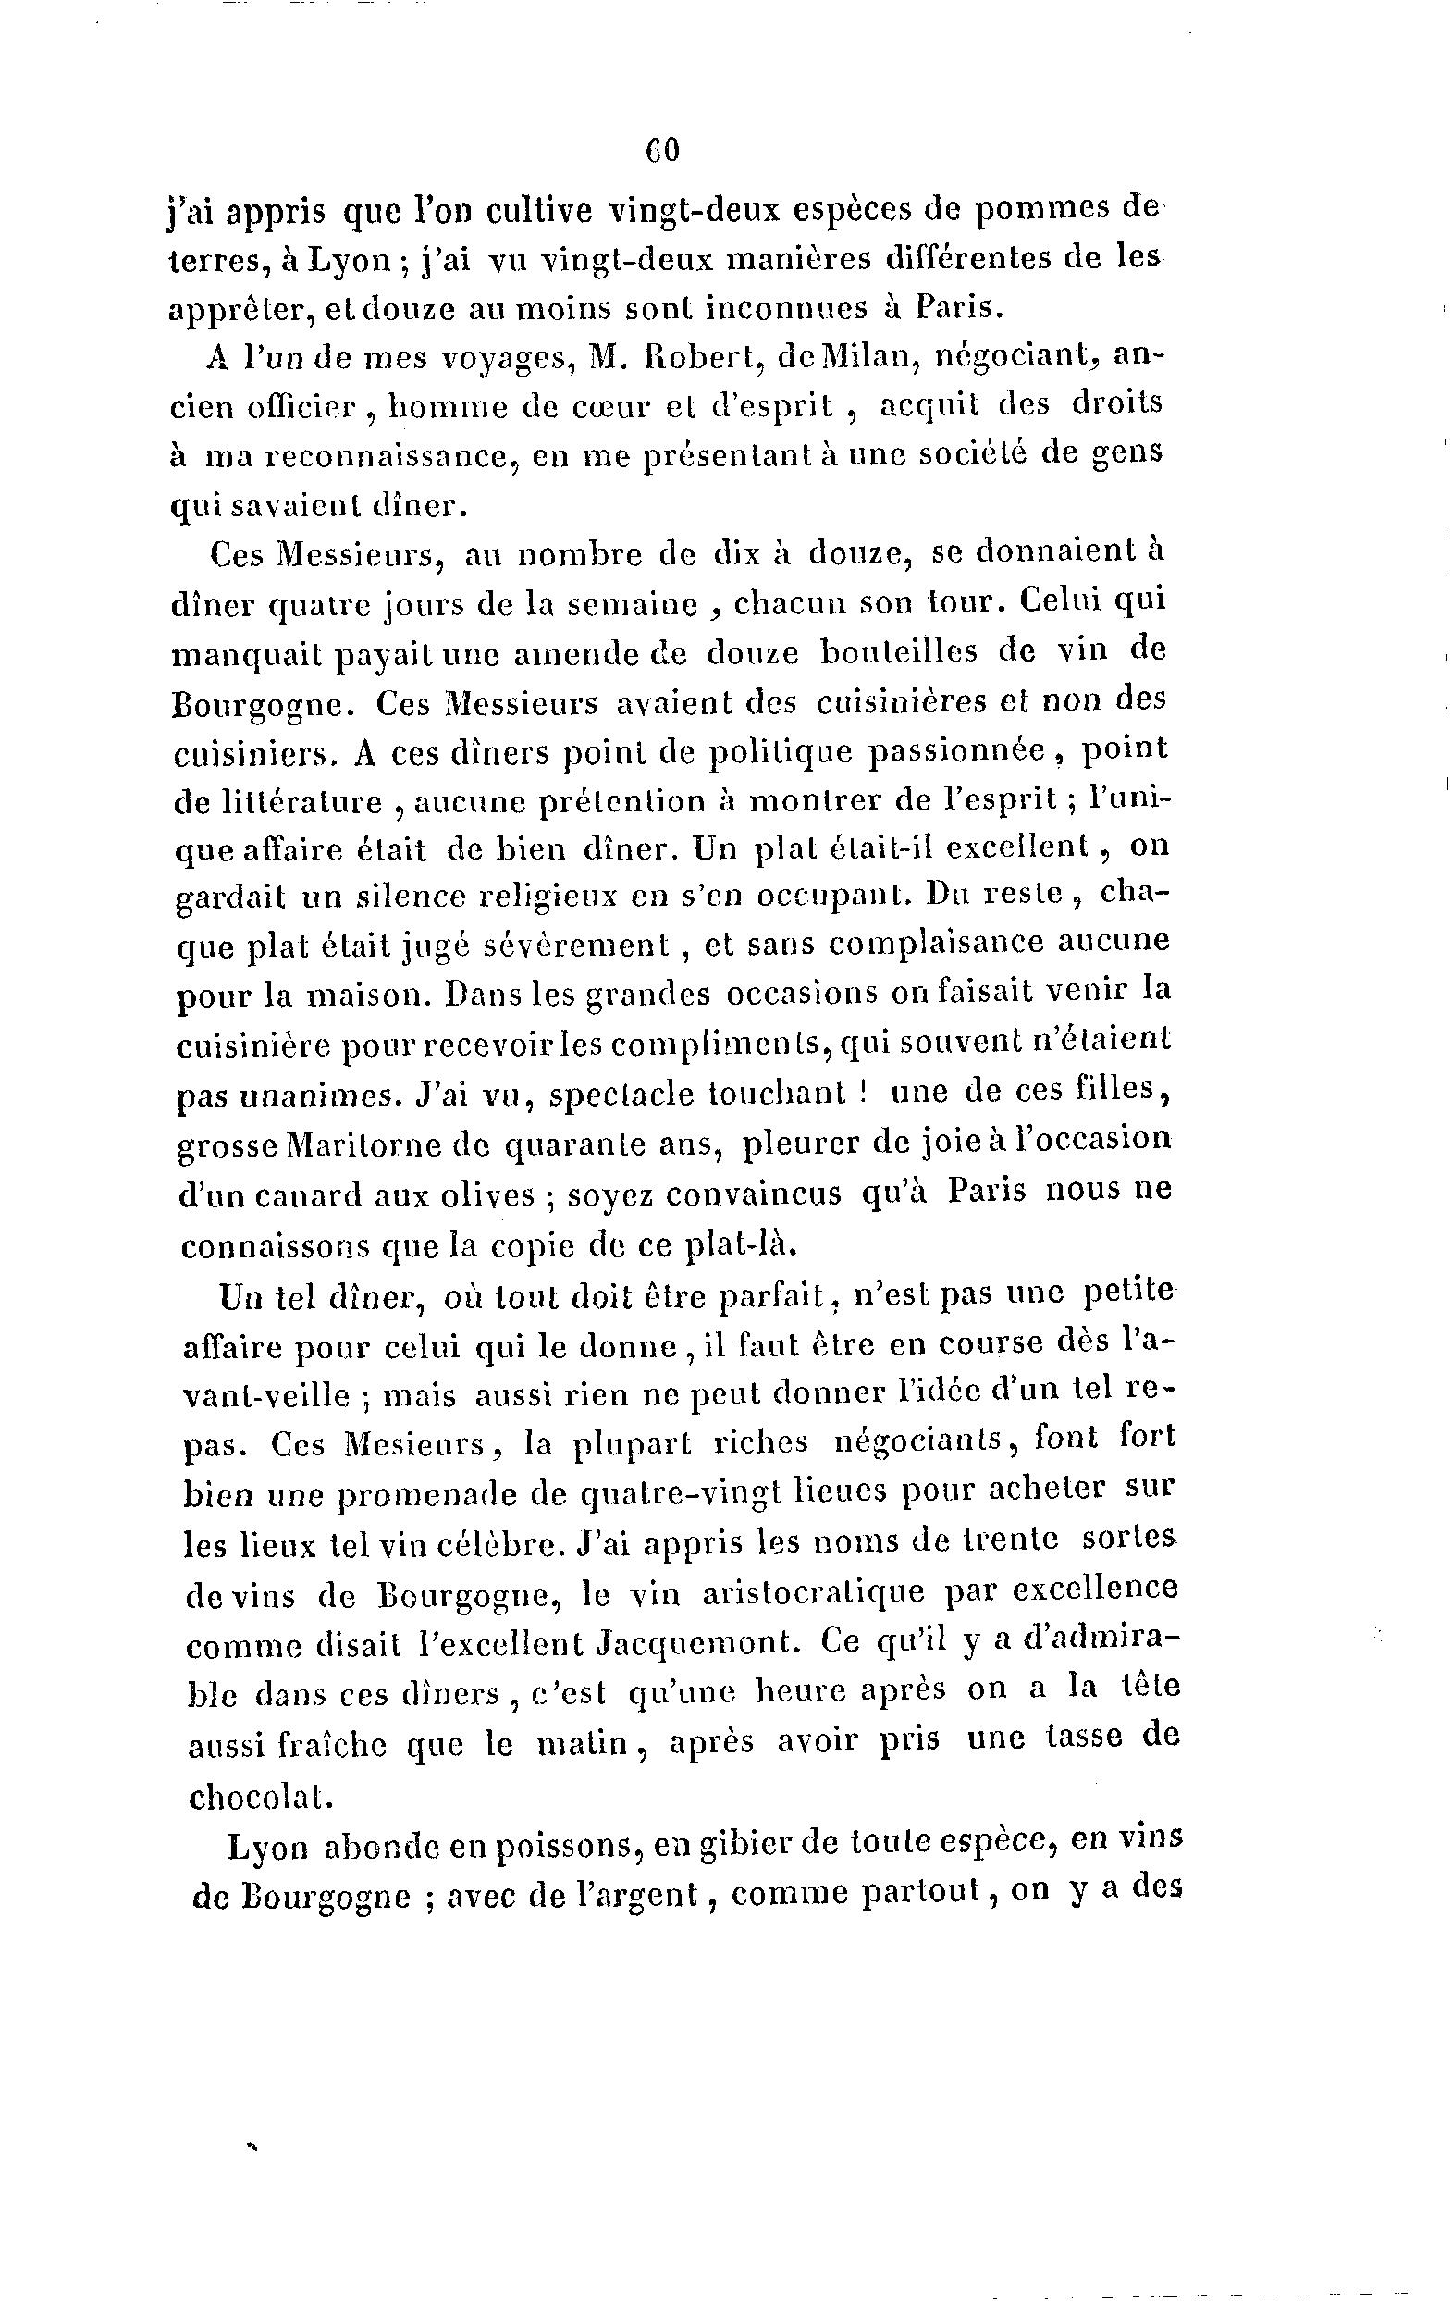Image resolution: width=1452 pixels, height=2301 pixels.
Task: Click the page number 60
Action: (661, 150)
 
